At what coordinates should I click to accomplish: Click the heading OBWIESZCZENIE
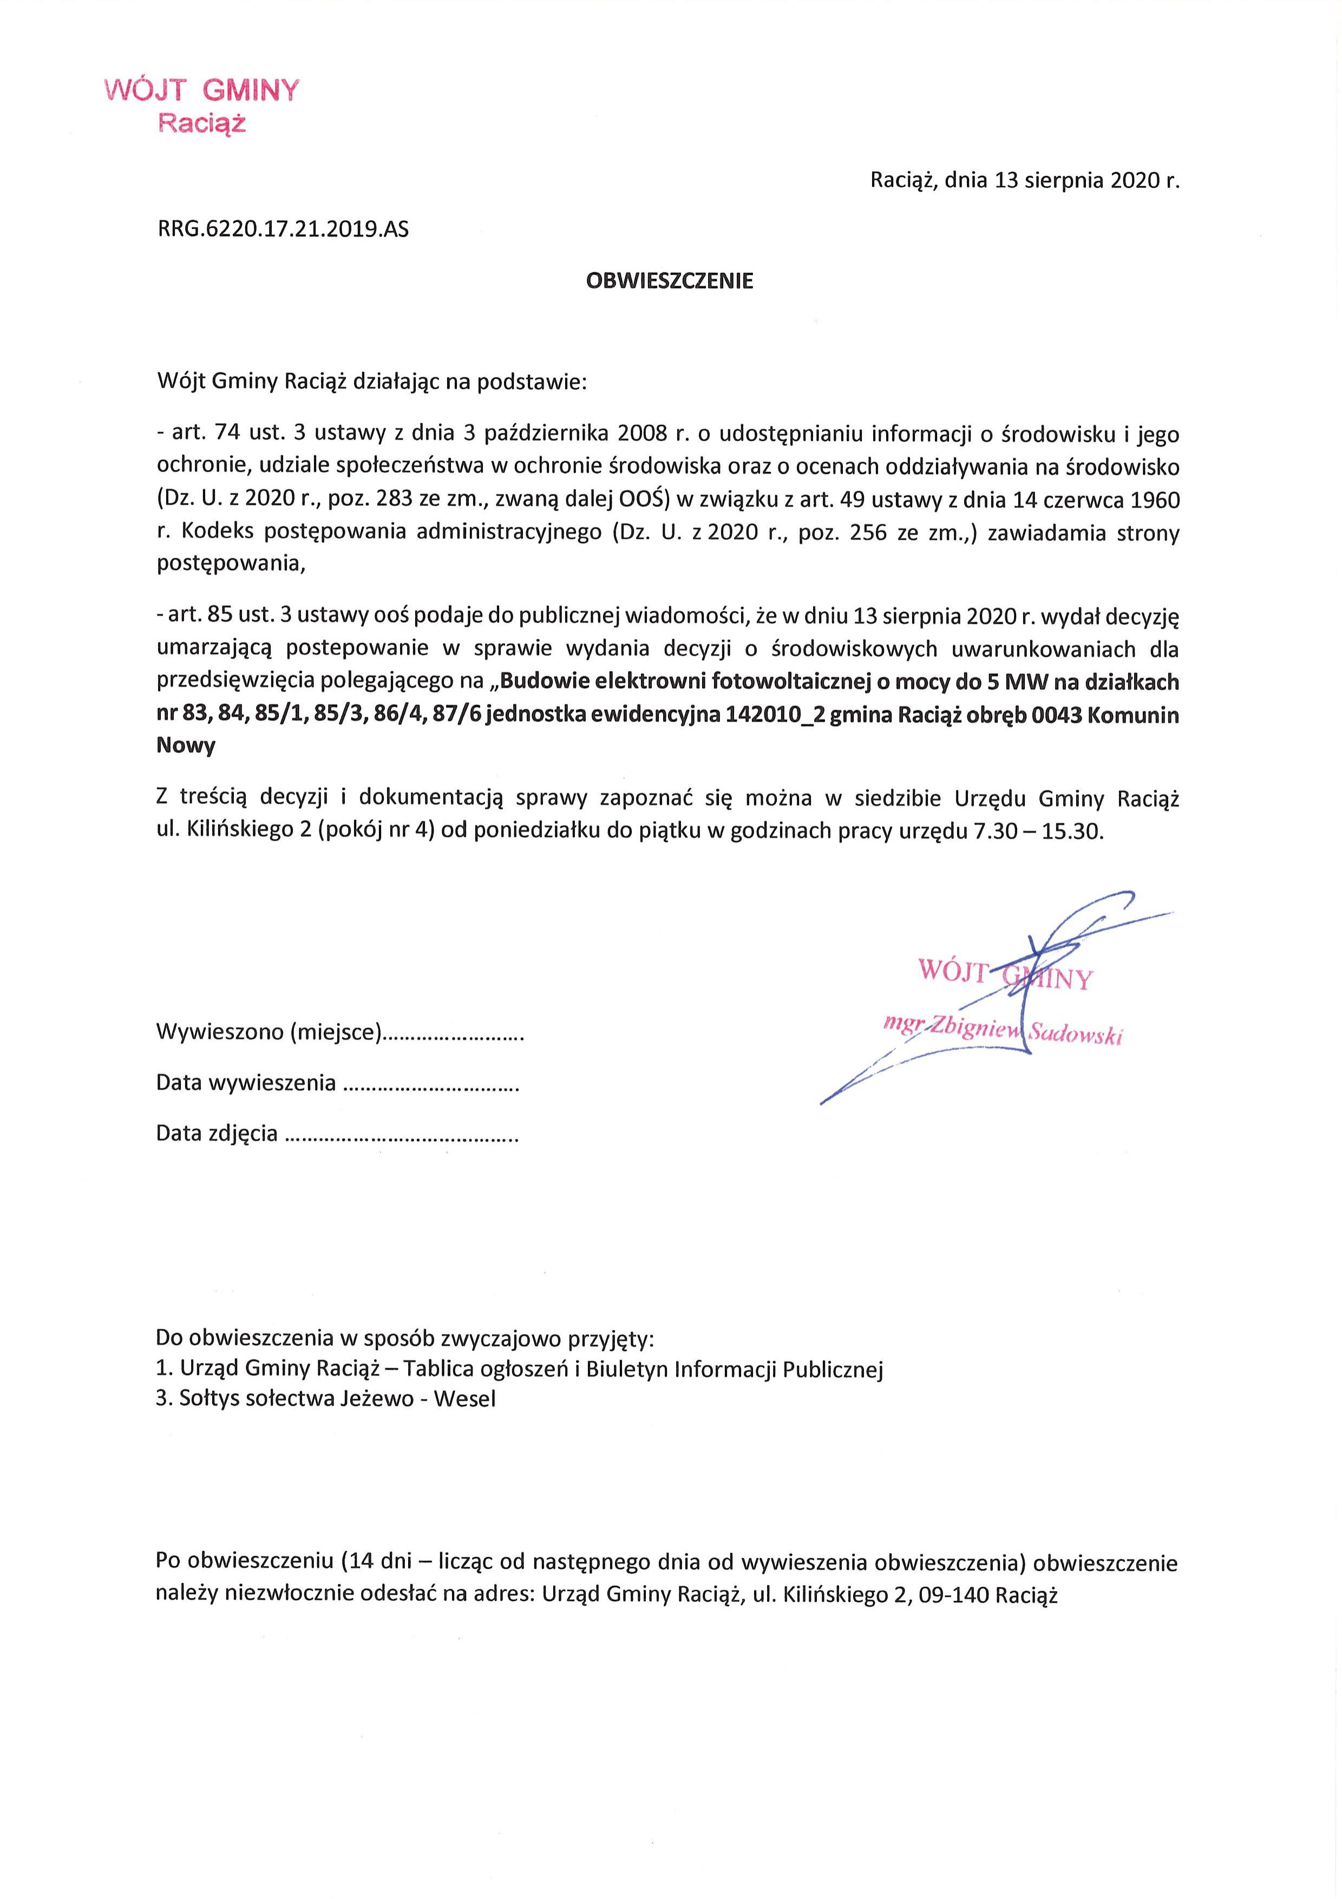click(x=670, y=281)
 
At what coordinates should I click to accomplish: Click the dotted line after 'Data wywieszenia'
click(x=430, y=1084)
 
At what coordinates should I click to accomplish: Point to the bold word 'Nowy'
click(x=186, y=746)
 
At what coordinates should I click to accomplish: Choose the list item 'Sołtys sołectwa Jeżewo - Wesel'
click(x=326, y=1399)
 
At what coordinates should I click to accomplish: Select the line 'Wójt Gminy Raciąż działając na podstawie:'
click(x=371, y=382)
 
